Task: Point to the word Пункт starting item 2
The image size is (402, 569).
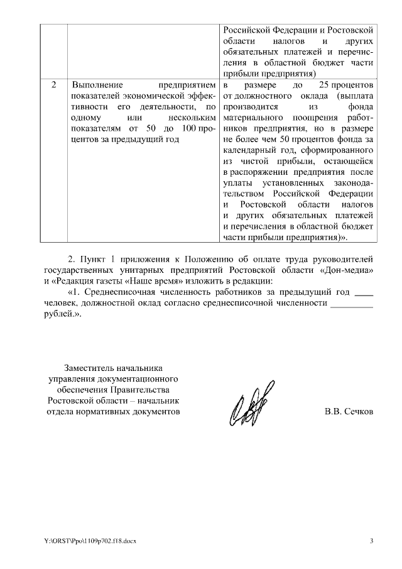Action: click(92, 258)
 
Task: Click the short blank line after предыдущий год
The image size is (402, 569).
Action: click(364, 293)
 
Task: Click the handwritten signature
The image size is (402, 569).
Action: click(249, 401)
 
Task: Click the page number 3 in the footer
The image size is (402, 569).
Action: click(371, 541)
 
